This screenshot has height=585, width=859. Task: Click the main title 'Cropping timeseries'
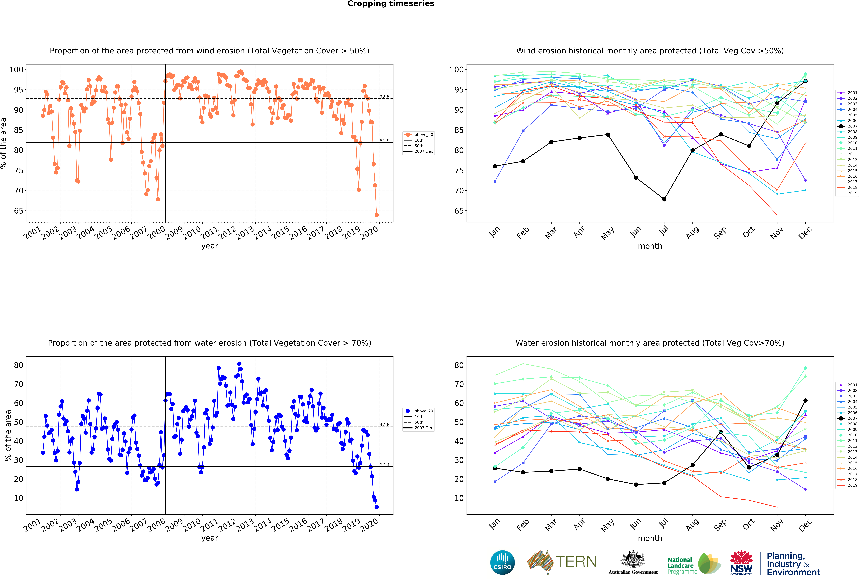click(x=391, y=4)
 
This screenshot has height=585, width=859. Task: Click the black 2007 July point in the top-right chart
click(x=664, y=199)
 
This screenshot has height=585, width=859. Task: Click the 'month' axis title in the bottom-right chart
click(x=650, y=538)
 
